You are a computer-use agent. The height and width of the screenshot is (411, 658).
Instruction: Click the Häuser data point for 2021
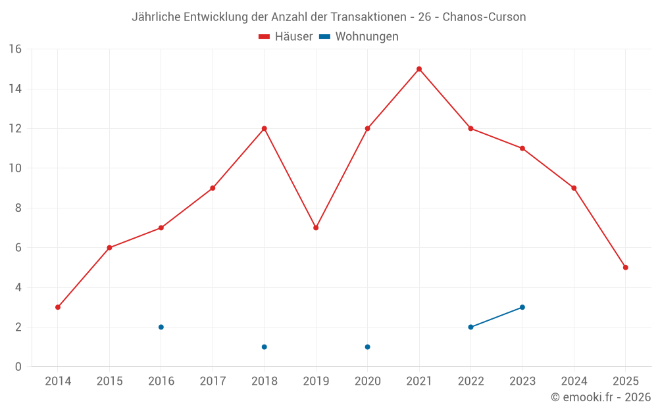pos(419,69)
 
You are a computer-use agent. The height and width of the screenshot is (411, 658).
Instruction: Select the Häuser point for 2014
pos(58,307)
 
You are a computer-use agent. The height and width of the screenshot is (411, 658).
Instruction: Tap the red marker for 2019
pos(316,228)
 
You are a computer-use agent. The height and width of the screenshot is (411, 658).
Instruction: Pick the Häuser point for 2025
pos(626,268)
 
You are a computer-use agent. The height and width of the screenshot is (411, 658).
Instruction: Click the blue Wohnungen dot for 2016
pos(161,327)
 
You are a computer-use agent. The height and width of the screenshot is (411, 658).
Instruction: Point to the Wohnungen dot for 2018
pos(265,347)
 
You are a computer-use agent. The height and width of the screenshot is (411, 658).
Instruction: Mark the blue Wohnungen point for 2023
pos(522,307)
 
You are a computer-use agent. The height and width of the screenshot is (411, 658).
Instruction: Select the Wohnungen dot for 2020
pos(368,347)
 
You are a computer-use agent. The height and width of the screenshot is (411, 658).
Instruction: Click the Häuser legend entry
pos(286,37)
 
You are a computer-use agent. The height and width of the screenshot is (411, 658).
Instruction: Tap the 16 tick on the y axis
pos(15,49)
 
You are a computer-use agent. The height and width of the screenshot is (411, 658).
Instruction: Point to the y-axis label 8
pos(18,208)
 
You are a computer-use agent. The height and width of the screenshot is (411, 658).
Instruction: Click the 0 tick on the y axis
pos(18,367)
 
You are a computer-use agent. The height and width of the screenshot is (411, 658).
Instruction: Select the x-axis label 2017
pos(213,381)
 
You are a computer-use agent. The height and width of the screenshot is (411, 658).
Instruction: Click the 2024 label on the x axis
pos(574,381)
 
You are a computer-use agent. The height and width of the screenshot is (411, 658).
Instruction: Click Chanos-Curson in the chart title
pos(484,17)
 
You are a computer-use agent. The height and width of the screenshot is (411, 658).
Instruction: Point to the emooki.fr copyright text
pos(601,397)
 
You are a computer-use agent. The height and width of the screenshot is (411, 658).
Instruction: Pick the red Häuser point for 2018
pos(265,128)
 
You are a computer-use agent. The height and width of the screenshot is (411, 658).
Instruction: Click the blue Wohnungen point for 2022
pos(470,327)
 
